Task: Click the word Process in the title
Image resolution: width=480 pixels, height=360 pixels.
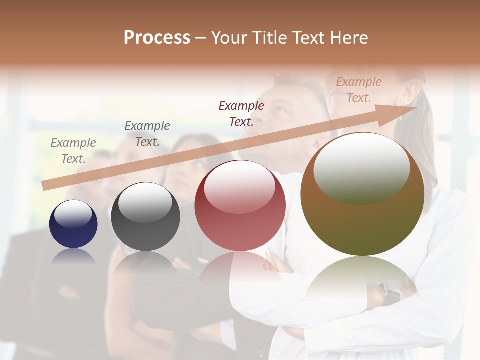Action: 157,38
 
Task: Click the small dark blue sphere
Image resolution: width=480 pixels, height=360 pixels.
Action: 73,224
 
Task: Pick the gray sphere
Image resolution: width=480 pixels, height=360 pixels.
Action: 145,217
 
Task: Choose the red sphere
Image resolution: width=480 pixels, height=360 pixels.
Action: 240,206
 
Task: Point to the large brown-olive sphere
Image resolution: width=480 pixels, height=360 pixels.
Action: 362,195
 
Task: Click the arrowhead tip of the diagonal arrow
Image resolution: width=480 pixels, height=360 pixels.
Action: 416,107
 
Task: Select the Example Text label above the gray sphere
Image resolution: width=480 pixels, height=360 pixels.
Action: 147,134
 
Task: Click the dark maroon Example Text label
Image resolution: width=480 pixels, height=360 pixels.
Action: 241,113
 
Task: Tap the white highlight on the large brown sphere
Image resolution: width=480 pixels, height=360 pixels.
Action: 361,167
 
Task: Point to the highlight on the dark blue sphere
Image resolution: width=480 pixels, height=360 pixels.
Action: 73,214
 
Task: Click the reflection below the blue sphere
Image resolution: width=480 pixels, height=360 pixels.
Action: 73,256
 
